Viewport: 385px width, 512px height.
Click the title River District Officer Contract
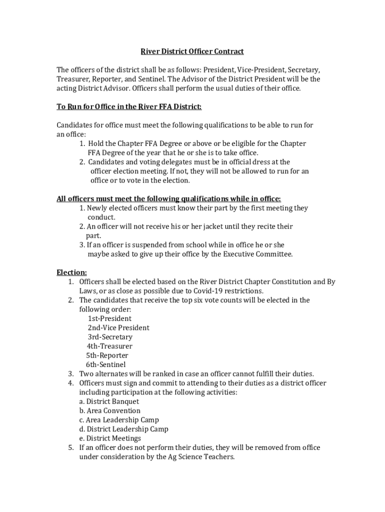click(191, 51)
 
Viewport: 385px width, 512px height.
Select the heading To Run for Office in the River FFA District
click(129, 107)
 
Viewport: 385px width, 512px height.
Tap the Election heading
click(71, 272)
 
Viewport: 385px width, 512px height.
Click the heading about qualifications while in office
click(168, 198)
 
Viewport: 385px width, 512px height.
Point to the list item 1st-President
click(109, 318)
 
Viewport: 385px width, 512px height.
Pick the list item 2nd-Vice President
click(118, 328)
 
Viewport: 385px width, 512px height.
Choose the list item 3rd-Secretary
click(110, 337)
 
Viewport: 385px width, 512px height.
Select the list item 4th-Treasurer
click(109, 346)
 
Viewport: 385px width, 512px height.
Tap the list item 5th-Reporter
click(107, 355)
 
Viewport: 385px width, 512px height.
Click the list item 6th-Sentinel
click(105, 364)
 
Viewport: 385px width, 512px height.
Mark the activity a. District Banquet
click(109, 401)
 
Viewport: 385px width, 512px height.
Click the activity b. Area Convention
click(109, 410)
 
